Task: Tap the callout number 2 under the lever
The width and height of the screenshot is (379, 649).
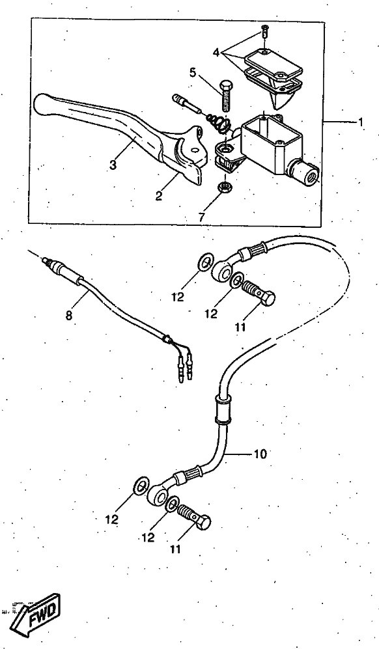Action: click(159, 196)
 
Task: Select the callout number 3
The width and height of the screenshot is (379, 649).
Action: click(113, 165)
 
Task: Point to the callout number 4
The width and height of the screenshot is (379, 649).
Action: click(216, 53)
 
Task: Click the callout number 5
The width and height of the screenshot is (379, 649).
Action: click(193, 72)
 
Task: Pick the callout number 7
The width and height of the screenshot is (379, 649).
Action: click(201, 217)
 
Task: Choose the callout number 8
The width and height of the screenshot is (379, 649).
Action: click(69, 316)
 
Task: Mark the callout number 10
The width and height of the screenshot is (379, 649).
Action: click(260, 454)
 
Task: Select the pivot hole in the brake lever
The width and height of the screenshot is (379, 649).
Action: click(200, 131)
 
